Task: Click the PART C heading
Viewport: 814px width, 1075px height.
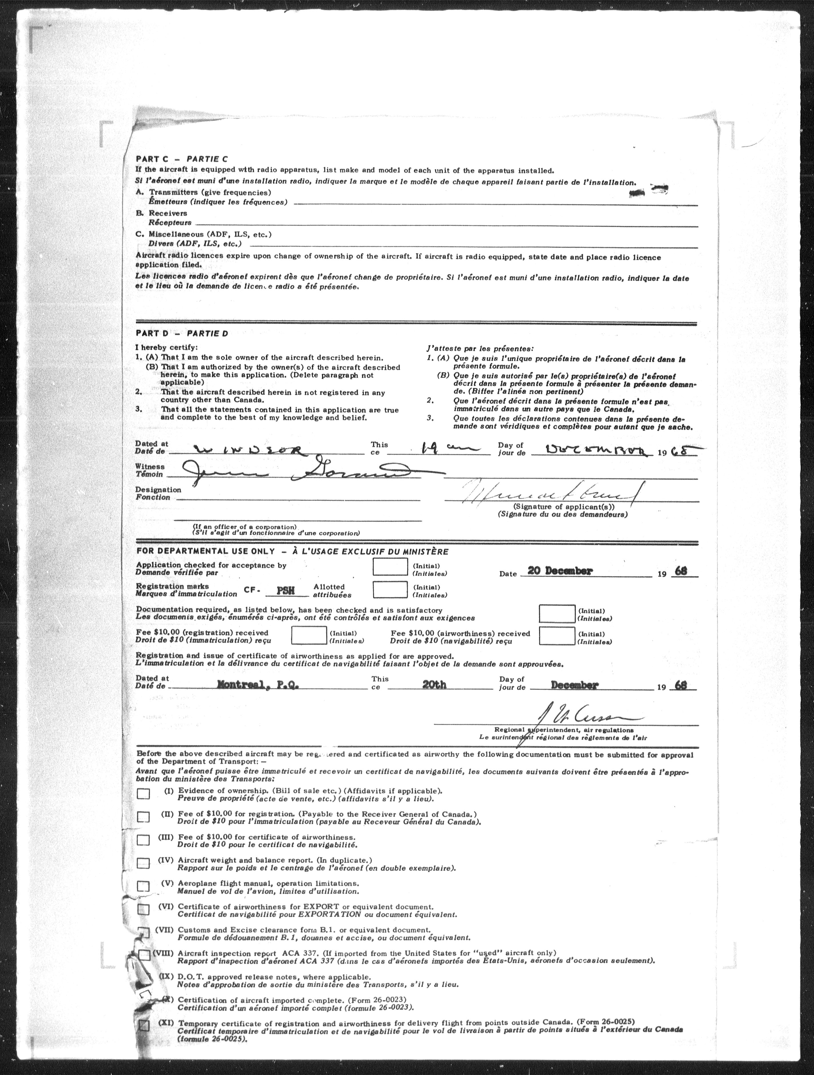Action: [181, 159]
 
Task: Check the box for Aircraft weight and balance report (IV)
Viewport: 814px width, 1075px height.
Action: [143, 863]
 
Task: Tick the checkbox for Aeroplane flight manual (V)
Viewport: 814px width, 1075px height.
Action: [143, 886]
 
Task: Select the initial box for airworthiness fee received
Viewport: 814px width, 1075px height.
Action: [557, 636]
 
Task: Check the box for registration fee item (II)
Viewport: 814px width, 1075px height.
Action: [143, 817]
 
